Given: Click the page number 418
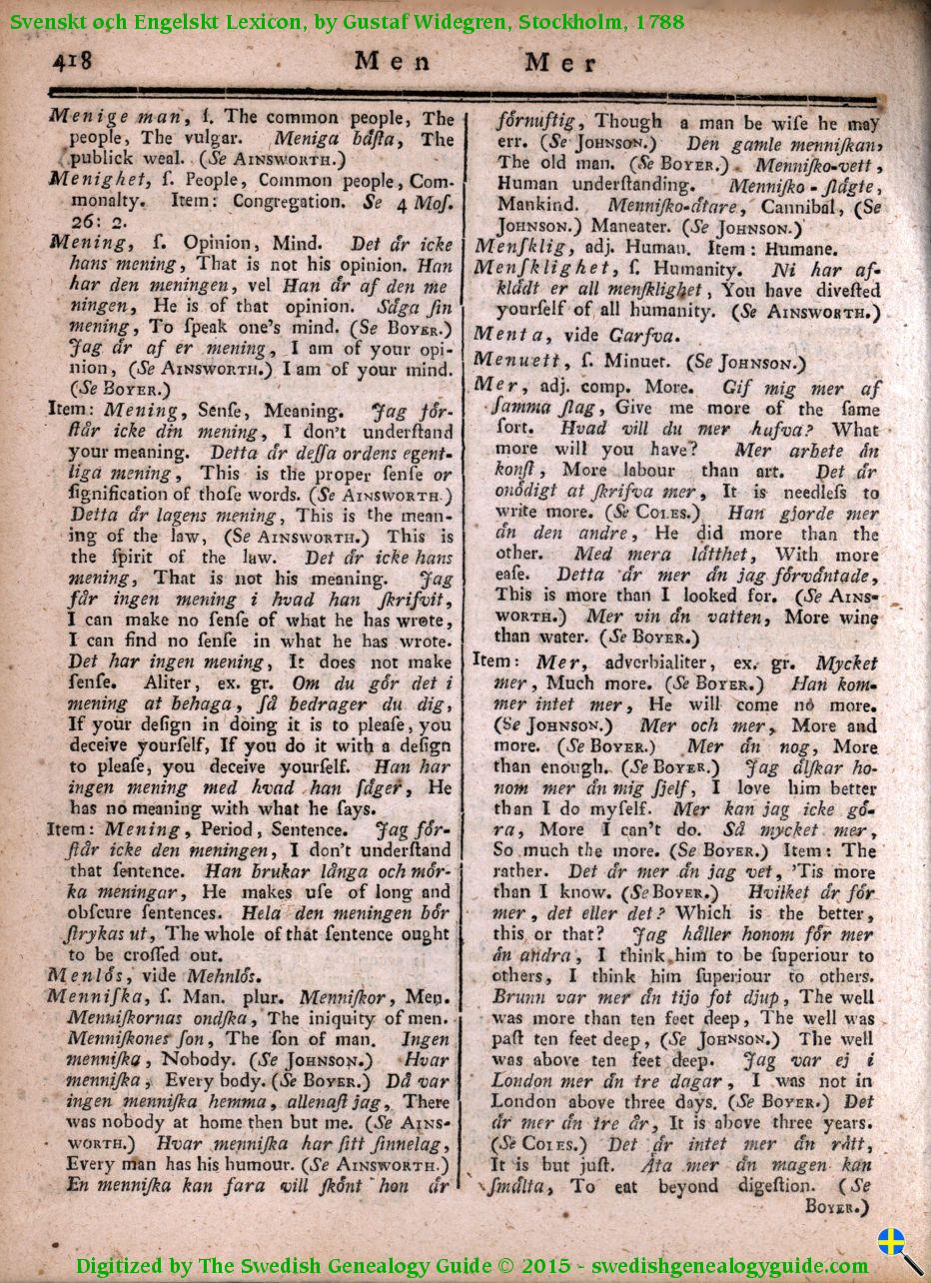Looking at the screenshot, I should tap(73, 61).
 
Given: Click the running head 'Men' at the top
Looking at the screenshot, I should tap(394, 62).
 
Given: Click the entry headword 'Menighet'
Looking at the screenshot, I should tap(95, 180).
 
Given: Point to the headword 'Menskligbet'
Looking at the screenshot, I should tap(540, 269).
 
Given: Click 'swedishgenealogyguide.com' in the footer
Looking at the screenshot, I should tap(731, 1265).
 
